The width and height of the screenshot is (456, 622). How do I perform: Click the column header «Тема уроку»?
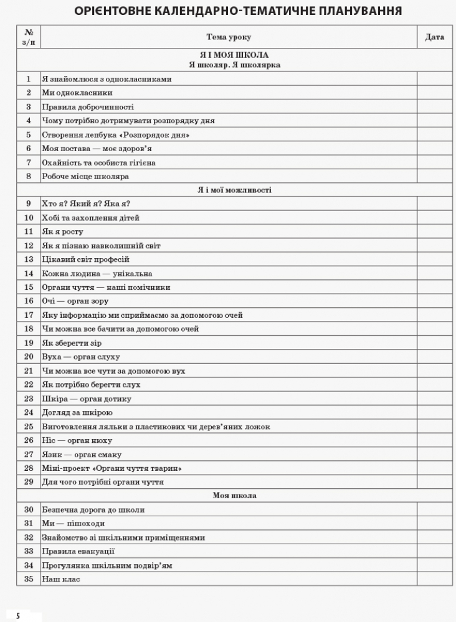[x=228, y=37]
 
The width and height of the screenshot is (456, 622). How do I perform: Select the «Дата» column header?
[x=434, y=37]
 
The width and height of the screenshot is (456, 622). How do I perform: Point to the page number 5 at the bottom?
[x=19, y=616]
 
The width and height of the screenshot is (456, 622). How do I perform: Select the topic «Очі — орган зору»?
[x=75, y=301]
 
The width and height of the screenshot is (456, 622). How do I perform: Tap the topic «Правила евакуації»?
[x=78, y=551]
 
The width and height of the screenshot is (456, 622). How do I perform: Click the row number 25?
[x=29, y=427]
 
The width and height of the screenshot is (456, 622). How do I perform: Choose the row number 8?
[x=29, y=176]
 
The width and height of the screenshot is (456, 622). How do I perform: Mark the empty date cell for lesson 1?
[x=434, y=79]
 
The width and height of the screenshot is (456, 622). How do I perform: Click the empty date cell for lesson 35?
[x=434, y=579]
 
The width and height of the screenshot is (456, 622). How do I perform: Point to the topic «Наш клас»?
[x=61, y=579]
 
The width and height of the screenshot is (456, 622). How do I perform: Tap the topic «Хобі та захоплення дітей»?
[x=91, y=218]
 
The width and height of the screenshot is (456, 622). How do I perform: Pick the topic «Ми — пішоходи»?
[x=69, y=524]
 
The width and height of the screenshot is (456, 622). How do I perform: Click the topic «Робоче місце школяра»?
[x=85, y=176]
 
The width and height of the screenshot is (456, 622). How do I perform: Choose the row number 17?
[x=29, y=315]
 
